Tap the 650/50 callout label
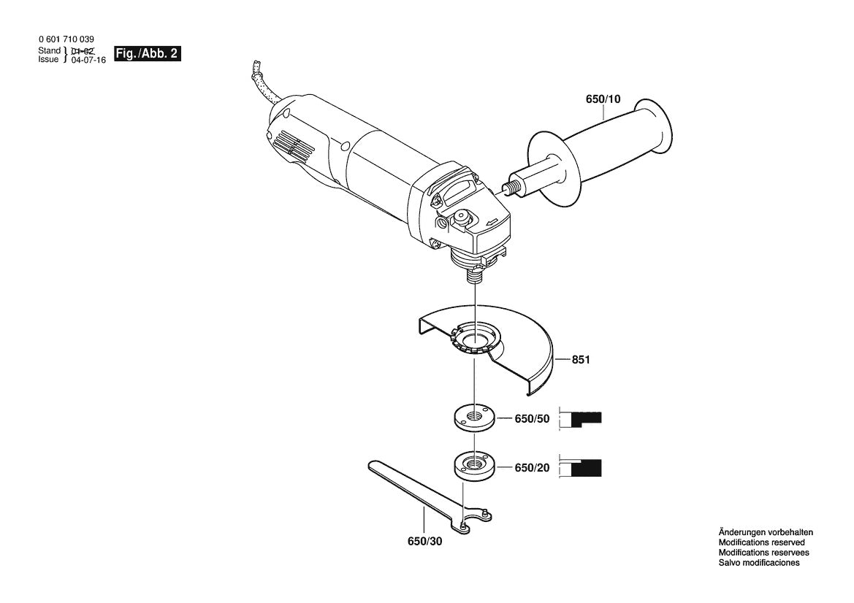coord(532,419)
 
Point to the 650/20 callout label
coord(532,467)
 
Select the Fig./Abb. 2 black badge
coord(147,55)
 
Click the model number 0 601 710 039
coord(65,39)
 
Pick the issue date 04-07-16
coord(88,61)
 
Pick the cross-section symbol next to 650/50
coord(581,419)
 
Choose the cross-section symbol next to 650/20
coord(581,467)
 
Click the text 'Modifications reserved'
coord(761,542)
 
